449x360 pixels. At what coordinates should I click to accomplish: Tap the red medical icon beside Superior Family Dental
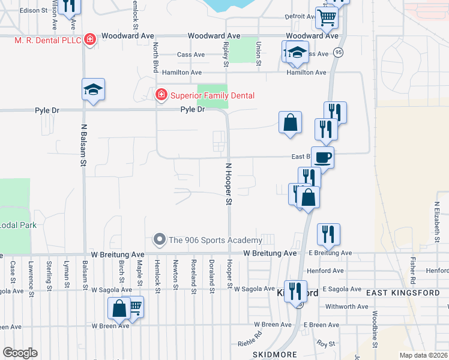(x=161, y=95)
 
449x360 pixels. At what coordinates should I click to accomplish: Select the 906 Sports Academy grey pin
(x=160, y=240)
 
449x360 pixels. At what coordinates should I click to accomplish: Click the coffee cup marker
(x=322, y=157)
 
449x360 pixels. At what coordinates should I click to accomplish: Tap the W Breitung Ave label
(x=270, y=254)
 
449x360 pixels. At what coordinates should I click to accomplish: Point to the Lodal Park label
(x=18, y=225)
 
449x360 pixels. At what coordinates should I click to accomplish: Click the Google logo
(x=20, y=353)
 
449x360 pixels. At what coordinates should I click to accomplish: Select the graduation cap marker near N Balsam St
(x=94, y=89)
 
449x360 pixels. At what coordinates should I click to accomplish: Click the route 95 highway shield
(x=339, y=52)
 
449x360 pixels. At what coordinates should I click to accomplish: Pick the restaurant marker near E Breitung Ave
(x=328, y=234)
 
